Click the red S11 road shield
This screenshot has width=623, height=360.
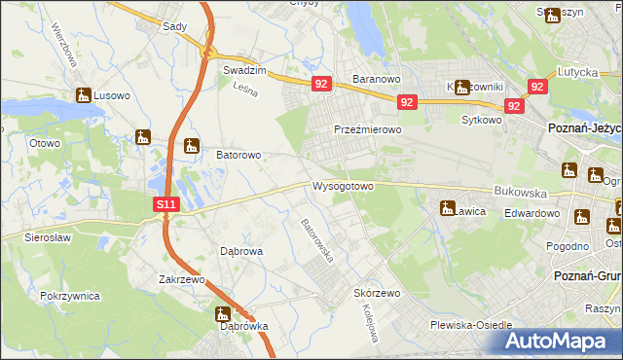coord(166,204)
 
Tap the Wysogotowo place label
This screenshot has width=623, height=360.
coord(343,186)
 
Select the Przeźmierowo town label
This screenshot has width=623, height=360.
coord(367,129)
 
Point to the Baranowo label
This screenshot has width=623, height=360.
coord(377,79)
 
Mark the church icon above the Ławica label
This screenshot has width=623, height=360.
coord(448,207)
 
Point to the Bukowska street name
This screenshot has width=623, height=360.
coord(516,193)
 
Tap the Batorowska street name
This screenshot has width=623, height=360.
coord(317,240)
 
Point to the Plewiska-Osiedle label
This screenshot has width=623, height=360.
coord(470,325)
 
